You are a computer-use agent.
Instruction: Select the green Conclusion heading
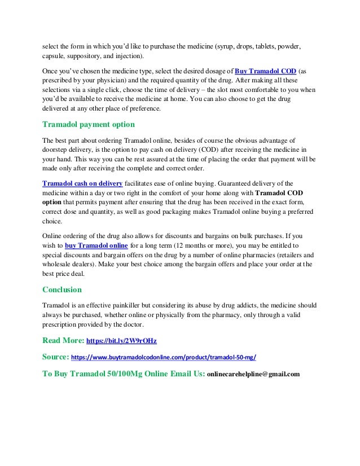62,290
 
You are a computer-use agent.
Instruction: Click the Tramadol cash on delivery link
82,183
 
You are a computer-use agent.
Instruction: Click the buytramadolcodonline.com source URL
164,357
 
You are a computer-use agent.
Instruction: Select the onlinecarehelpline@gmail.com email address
253,373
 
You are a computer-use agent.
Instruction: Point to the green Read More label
63,340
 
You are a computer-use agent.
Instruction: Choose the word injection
130,56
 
